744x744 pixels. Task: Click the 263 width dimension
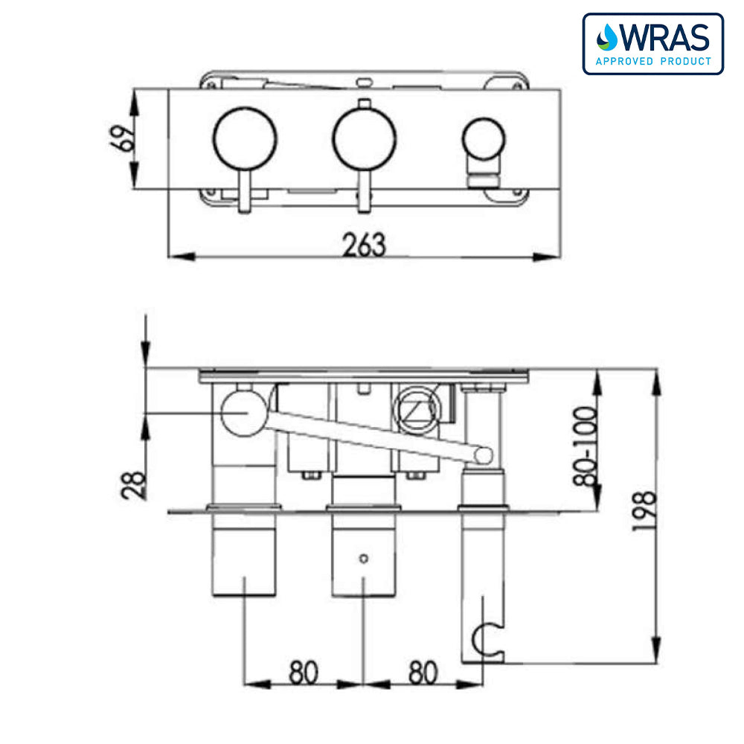pyautogui.click(x=365, y=245)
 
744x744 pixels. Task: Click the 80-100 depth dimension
pyautogui.click(x=587, y=446)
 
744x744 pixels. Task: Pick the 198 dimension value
pyautogui.click(x=645, y=510)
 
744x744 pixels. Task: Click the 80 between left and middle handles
pyautogui.click(x=303, y=673)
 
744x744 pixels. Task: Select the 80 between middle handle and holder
pyautogui.click(x=422, y=673)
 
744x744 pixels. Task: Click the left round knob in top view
pyautogui.click(x=245, y=138)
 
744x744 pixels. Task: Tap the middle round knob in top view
pyautogui.click(x=364, y=138)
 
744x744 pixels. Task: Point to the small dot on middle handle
pyautogui.click(x=363, y=558)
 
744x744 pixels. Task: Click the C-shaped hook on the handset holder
pyautogui.click(x=488, y=638)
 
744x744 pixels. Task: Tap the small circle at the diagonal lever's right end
pyautogui.click(x=484, y=454)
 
